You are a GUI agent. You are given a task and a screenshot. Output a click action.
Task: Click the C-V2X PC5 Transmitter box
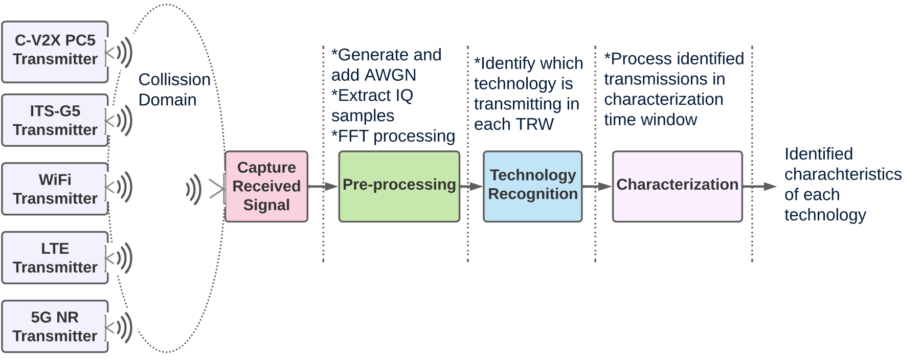click(55, 51)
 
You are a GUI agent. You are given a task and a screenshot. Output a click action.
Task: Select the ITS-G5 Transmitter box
click(55, 120)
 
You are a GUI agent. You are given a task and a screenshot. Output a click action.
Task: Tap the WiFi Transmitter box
click(55, 189)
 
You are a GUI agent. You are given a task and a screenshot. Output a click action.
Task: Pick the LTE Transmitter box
click(55, 258)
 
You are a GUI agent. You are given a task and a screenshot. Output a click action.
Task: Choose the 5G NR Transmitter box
click(55, 326)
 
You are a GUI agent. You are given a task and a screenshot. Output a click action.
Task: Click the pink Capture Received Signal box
click(266, 186)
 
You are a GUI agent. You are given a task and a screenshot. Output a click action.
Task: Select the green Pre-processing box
click(399, 186)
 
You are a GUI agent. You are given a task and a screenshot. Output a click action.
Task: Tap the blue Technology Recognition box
click(532, 186)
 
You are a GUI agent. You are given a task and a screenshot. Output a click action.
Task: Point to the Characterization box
click(677, 186)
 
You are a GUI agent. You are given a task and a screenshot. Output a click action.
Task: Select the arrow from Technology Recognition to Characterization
click(597, 187)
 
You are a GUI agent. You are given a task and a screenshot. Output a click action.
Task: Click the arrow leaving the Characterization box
click(759, 187)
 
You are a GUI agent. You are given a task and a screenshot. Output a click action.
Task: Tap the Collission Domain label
click(174, 89)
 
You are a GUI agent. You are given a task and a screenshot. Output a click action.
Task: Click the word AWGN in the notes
click(391, 75)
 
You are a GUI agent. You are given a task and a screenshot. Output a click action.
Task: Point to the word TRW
click(534, 124)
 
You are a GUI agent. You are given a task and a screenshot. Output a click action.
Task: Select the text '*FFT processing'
click(393, 136)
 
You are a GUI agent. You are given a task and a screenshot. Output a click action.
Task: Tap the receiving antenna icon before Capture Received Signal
click(205, 190)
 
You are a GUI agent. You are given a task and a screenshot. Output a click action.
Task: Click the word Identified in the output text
click(818, 154)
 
